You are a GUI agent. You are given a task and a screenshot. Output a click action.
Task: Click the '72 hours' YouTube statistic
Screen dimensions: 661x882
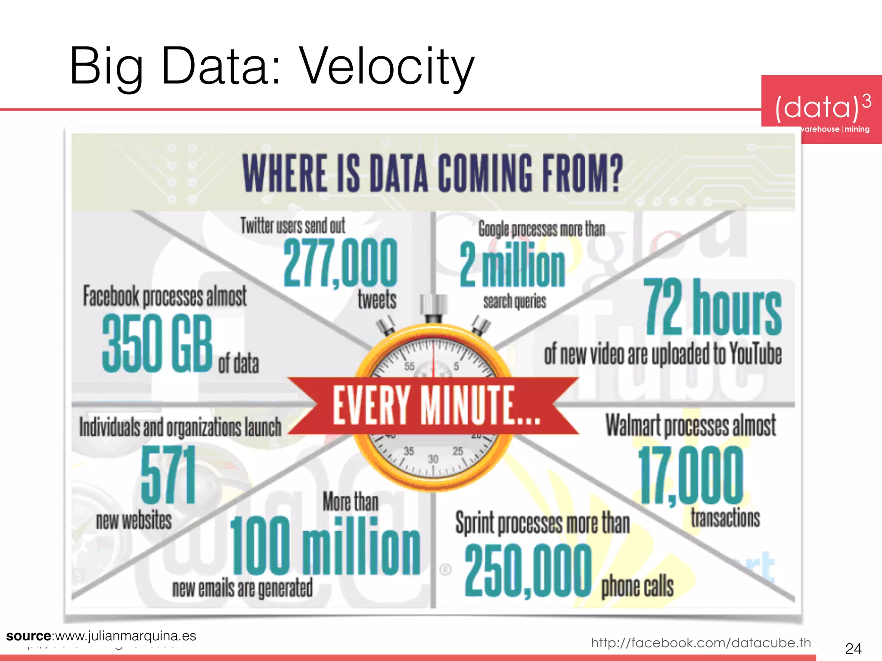click(712, 306)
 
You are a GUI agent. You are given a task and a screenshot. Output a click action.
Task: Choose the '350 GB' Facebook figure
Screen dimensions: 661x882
click(157, 343)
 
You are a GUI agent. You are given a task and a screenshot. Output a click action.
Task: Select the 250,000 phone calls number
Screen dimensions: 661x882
click(528, 570)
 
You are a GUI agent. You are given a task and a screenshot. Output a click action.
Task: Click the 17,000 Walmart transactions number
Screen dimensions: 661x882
click(690, 475)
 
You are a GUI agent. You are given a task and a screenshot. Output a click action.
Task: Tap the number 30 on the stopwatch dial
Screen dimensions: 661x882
click(433, 459)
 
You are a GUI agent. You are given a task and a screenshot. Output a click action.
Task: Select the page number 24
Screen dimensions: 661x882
click(853, 648)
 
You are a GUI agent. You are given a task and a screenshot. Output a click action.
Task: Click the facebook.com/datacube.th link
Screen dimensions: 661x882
click(701, 642)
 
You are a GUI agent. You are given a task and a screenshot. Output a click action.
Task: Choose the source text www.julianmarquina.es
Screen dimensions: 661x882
click(125, 636)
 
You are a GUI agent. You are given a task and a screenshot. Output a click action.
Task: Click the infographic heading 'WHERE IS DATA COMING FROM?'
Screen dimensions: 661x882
click(433, 173)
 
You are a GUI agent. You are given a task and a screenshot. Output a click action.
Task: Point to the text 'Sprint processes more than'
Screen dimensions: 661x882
click(542, 523)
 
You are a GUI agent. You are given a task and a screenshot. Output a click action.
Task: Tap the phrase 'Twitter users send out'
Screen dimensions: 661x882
click(293, 225)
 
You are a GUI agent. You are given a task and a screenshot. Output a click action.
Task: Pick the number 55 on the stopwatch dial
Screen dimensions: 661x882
click(409, 366)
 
